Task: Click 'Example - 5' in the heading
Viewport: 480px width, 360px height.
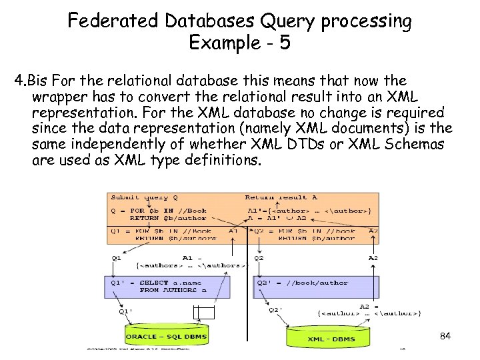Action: tap(239, 43)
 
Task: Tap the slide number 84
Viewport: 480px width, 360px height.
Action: tap(445, 336)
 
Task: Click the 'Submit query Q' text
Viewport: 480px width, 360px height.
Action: tap(144, 197)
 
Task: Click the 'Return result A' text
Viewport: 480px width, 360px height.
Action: tap(281, 197)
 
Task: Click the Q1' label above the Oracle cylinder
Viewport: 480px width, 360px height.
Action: tap(125, 310)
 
